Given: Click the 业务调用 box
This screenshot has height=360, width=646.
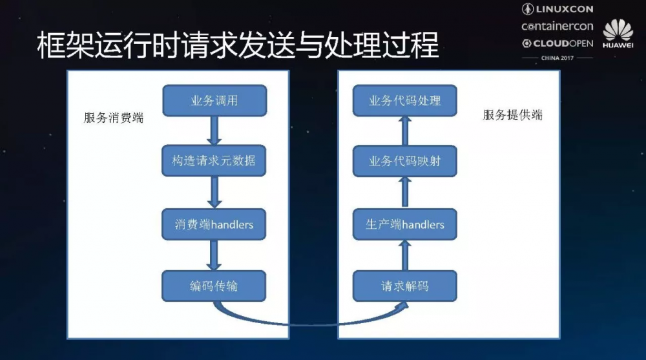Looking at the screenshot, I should (214, 100).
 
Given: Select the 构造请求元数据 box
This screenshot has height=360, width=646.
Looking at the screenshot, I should (214, 161).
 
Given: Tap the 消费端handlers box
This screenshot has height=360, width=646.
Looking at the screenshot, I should (214, 224).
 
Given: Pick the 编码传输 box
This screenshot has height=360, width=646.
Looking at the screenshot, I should (214, 285).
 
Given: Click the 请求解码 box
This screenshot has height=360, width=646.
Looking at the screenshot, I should (405, 285).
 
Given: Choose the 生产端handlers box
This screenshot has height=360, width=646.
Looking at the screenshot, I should (405, 224).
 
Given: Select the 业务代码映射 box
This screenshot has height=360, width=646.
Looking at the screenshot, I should (405, 161).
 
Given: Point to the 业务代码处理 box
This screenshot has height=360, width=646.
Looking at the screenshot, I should (405, 100).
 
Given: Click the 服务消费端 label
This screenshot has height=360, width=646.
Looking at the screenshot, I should (114, 118).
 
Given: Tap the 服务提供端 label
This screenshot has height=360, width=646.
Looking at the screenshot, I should (513, 115).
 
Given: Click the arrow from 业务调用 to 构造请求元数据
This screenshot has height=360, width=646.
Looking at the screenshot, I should (214, 131).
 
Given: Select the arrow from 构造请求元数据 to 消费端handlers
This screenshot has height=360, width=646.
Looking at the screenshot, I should (214, 193).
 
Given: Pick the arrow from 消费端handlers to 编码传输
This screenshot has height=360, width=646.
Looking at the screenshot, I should (214, 255).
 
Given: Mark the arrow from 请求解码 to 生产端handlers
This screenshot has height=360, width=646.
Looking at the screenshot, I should (405, 255).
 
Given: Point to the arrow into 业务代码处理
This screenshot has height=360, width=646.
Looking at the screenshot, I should (405, 131).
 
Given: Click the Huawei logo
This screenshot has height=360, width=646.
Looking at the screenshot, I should (618, 34).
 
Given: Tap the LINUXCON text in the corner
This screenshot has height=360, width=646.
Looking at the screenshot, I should (557, 9).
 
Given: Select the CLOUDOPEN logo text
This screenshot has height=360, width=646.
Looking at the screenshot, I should (557, 43).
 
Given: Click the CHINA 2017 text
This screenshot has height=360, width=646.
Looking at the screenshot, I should (557, 58).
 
